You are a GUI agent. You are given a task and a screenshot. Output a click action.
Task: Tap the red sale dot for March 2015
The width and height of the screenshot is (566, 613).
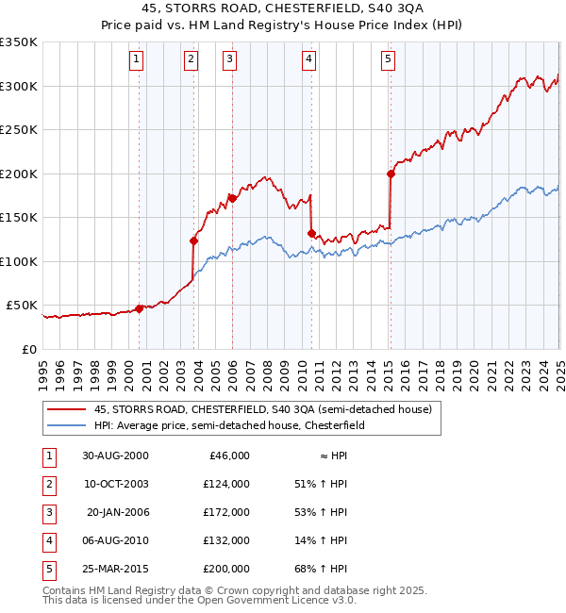(390, 174)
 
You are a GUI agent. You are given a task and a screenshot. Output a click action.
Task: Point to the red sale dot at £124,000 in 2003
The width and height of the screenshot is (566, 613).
(193, 240)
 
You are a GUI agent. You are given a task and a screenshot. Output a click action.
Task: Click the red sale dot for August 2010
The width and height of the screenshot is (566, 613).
(310, 233)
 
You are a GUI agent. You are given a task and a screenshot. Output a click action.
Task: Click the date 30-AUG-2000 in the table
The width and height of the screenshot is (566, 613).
(115, 456)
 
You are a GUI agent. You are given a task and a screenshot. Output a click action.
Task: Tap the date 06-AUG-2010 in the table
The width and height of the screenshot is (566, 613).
(115, 540)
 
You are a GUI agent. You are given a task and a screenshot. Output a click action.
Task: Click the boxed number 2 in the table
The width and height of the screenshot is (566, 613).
(48, 484)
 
